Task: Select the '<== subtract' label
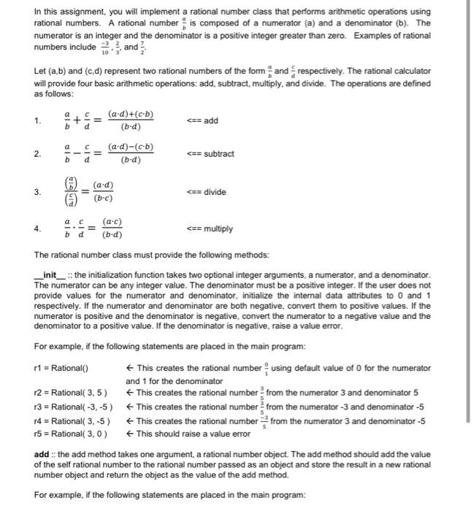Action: tap(211, 154)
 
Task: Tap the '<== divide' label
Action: tap(207, 192)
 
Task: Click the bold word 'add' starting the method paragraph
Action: tap(42, 455)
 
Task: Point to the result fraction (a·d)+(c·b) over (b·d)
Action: tap(131, 121)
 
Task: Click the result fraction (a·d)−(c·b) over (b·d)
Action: tap(131, 154)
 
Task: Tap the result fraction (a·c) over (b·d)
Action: tap(111, 229)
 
